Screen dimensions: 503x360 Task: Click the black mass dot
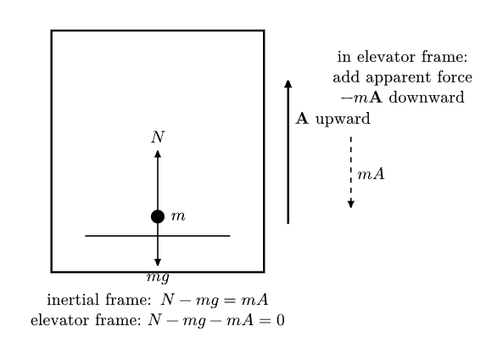pyautogui.click(x=158, y=217)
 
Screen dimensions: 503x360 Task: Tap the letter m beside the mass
pyautogui.click(x=178, y=217)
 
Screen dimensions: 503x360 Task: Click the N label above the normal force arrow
pyautogui.click(x=158, y=138)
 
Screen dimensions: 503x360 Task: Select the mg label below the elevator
pyautogui.click(x=158, y=278)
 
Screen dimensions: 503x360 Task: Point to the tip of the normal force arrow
pyautogui.click(x=158, y=150)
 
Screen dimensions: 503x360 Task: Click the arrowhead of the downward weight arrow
pyautogui.click(x=158, y=262)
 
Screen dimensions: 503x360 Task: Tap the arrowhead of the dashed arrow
pyautogui.click(x=351, y=205)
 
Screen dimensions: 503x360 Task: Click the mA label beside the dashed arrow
pyautogui.click(x=371, y=174)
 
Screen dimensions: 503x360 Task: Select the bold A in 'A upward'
pyautogui.click(x=302, y=119)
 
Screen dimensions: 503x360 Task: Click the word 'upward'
pyautogui.click(x=343, y=120)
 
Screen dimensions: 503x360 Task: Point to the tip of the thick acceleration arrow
pyautogui.click(x=288, y=81)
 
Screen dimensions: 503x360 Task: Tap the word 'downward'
pyautogui.click(x=427, y=98)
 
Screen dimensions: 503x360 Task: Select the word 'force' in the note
pyautogui.click(x=455, y=77)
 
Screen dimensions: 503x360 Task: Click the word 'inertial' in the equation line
pyautogui.click(x=73, y=300)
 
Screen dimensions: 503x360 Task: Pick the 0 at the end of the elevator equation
pyautogui.click(x=281, y=320)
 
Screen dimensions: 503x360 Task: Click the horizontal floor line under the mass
pyautogui.click(x=158, y=236)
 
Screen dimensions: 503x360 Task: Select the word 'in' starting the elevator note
pyautogui.click(x=344, y=57)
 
